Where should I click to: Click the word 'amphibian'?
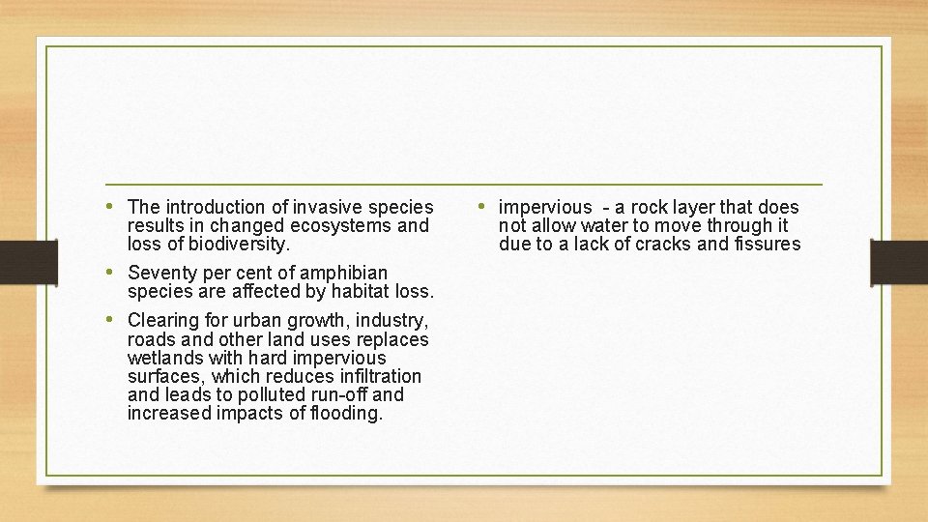pyautogui.click(x=345, y=273)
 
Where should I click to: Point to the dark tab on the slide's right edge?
pyautogui.click(x=899, y=262)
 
